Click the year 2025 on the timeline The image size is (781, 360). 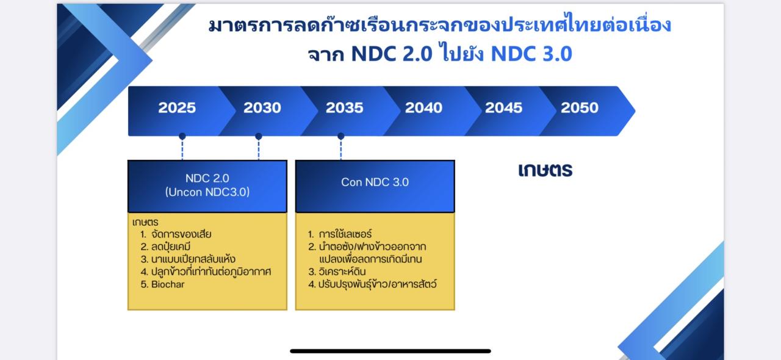point(177,108)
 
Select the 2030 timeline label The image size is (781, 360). point(262,108)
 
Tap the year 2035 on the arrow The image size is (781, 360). point(345,108)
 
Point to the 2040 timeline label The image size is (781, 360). point(423,108)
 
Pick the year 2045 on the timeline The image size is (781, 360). point(503,108)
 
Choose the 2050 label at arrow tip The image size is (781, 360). point(580,108)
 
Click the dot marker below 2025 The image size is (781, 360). point(182,136)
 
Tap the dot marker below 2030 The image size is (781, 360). point(258,136)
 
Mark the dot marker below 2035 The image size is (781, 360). point(341,136)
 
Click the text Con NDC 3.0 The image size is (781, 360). point(375,182)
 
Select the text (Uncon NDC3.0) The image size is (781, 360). point(207,192)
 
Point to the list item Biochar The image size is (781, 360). point(168,284)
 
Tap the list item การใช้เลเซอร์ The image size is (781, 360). point(345,234)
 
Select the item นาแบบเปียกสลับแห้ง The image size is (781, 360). point(193,259)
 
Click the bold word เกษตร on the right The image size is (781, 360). point(545,170)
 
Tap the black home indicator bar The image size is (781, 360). point(390,351)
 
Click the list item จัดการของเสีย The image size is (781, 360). point(181,234)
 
